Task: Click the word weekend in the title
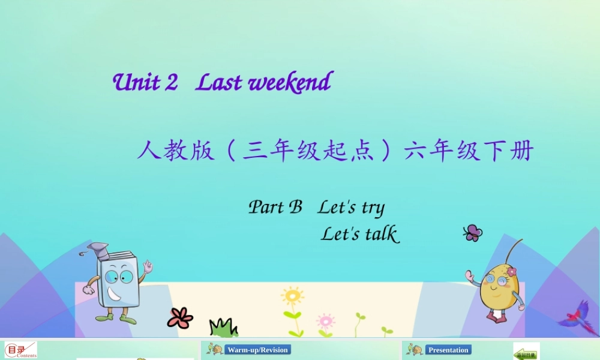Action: click(290, 83)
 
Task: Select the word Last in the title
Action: click(219, 83)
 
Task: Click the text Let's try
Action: click(351, 208)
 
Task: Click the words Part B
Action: click(275, 208)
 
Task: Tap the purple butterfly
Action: click(473, 233)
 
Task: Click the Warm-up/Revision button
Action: click(257, 350)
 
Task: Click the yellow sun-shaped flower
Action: click(292, 296)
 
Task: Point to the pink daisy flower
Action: click(325, 320)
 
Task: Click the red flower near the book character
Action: click(180, 317)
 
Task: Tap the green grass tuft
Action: click(223, 328)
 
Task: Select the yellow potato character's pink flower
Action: click(511, 271)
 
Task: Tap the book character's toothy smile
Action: click(114, 295)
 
